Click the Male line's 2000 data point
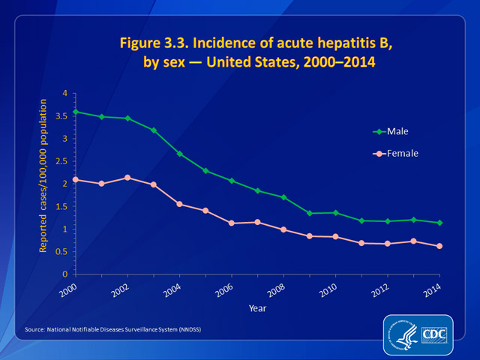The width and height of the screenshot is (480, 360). point(75,112)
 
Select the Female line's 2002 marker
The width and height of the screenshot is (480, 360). point(127,178)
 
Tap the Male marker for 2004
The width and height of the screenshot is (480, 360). point(179,154)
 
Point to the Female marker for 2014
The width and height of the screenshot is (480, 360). point(439,246)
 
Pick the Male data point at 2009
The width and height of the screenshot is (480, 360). point(309,213)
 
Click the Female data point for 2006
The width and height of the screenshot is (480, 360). point(231,223)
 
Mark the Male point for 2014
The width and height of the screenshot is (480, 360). point(439,223)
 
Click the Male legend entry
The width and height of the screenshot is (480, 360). point(397,131)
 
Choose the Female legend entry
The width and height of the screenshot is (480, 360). point(400,153)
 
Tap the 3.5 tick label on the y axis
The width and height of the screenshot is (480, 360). point(61,116)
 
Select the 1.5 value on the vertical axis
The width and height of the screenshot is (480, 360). point(61,206)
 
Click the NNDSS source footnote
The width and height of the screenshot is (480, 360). point(113,330)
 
